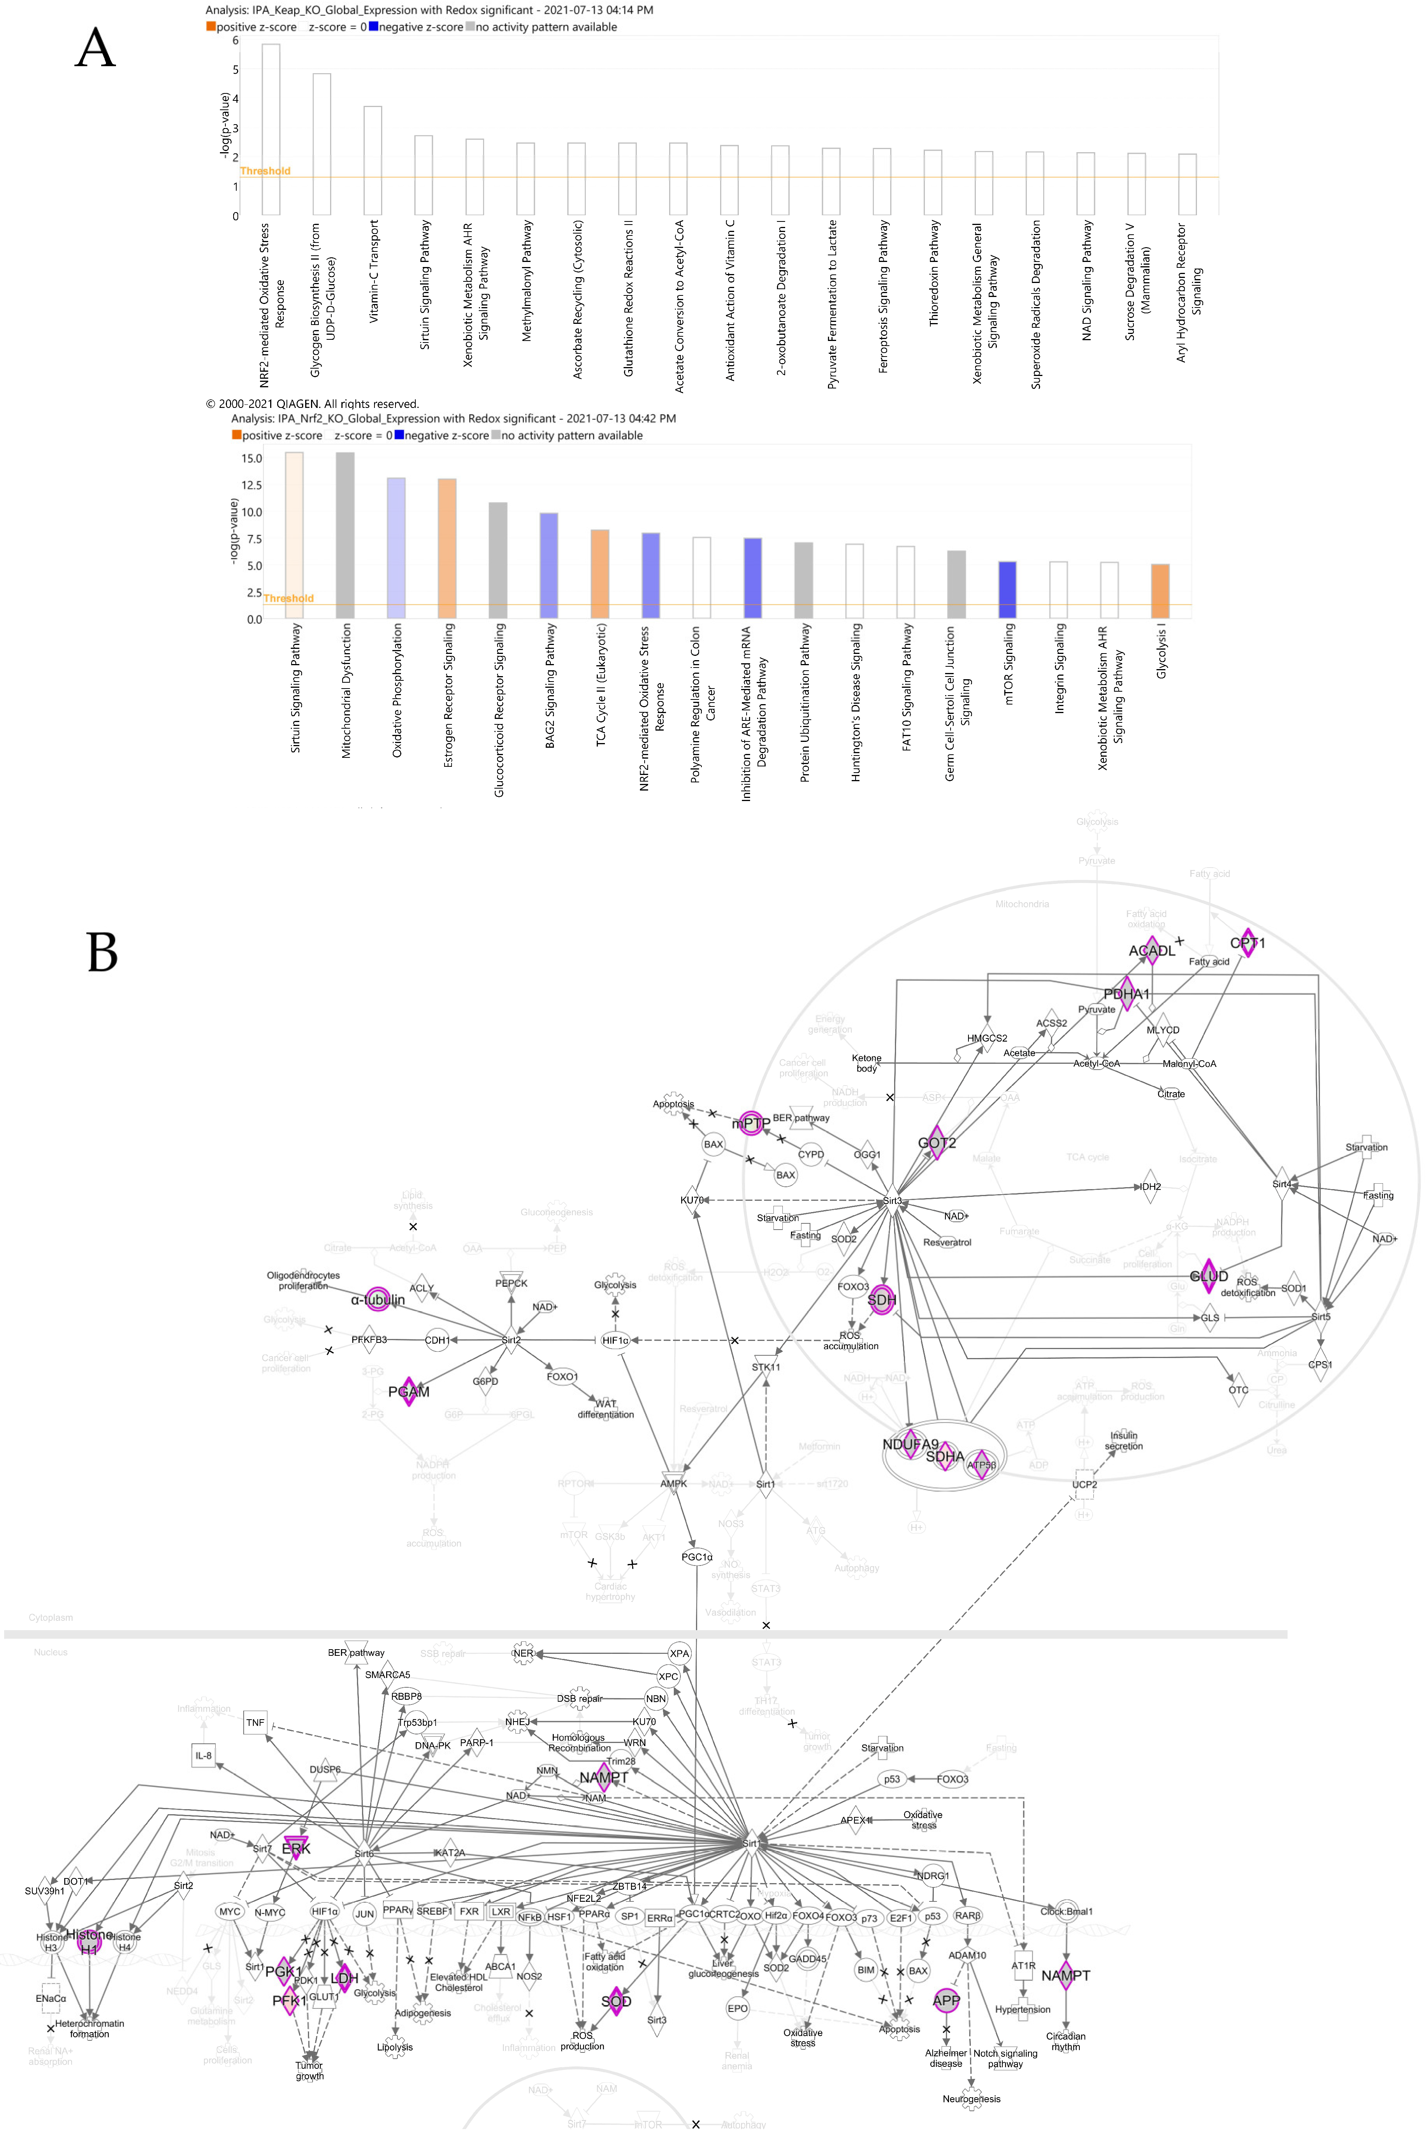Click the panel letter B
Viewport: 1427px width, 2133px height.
tap(102, 952)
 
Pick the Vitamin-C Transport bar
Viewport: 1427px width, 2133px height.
tap(372, 160)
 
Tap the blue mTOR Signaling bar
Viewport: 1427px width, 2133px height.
tap(1007, 590)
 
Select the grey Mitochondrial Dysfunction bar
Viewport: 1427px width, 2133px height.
tap(345, 535)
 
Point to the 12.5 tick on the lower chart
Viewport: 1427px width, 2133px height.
tap(251, 485)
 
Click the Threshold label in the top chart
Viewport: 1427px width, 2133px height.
tap(265, 171)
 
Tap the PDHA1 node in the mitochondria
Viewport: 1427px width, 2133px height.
tap(1126, 994)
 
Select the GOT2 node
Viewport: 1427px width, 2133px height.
tap(937, 1143)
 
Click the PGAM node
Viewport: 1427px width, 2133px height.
tap(409, 1392)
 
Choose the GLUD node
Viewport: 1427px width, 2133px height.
tap(1209, 1276)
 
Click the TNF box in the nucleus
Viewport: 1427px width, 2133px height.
tap(256, 1723)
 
